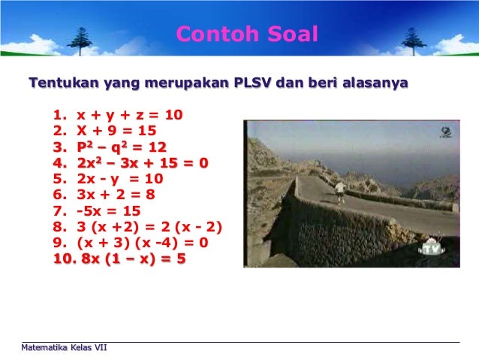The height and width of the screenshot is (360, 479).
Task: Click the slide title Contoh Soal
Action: pyautogui.click(x=247, y=35)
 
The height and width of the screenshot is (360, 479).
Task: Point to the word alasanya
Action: pyautogui.click(x=375, y=83)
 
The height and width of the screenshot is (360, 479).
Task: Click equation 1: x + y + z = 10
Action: pyautogui.click(x=129, y=115)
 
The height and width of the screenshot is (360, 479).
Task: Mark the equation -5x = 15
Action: pyautogui.click(x=108, y=211)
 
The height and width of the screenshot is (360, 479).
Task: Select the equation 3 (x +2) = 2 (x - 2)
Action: pyautogui.click(x=149, y=227)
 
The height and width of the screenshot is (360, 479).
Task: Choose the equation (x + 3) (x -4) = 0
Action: pyautogui.click(x=142, y=243)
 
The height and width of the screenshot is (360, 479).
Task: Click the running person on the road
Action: pyautogui.click(x=339, y=191)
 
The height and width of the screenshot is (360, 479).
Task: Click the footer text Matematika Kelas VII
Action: pyautogui.click(x=65, y=347)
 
